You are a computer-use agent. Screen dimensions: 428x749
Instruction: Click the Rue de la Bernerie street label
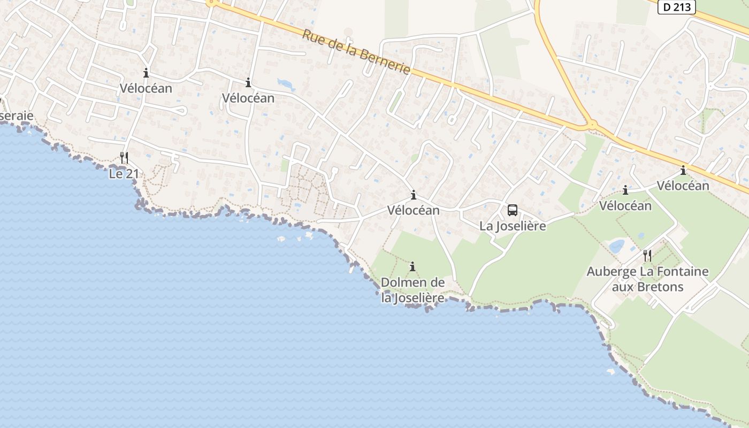pyautogui.click(x=356, y=52)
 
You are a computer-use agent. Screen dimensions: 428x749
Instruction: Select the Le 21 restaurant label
pyautogui.click(x=124, y=174)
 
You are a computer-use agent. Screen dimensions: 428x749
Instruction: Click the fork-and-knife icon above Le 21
pyautogui.click(x=124, y=157)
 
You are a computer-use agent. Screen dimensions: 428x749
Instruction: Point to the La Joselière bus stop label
pyautogui.click(x=513, y=226)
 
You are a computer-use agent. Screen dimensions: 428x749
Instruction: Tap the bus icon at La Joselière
pyautogui.click(x=513, y=210)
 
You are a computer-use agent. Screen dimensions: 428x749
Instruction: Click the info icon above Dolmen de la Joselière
pyautogui.click(x=412, y=266)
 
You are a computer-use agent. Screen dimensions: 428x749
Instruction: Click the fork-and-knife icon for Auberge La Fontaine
pyautogui.click(x=647, y=255)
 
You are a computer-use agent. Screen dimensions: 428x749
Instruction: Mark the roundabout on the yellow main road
pyautogui.click(x=592, y=125)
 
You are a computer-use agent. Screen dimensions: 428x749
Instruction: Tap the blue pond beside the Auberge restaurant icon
pyautogui.click(x=616, y=246)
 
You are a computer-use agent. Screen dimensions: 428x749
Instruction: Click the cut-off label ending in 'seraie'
pyautogui.click(x=16, y=116)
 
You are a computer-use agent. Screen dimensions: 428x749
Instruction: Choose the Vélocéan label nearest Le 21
pyautogui.click(x=146, y=88)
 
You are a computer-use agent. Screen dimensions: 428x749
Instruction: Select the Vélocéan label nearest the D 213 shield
pyautogui.click(x=683, y=186)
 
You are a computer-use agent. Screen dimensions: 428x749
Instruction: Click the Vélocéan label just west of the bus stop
pyautogui.click(x=414, y=210)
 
